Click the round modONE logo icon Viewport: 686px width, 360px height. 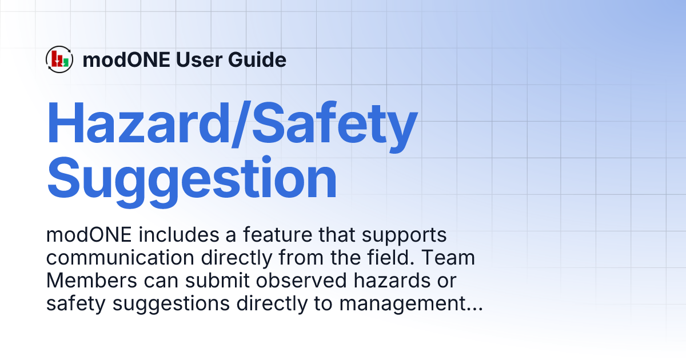click(x=59, y=59)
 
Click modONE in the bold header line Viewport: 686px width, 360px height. click(x=126, y=59)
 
